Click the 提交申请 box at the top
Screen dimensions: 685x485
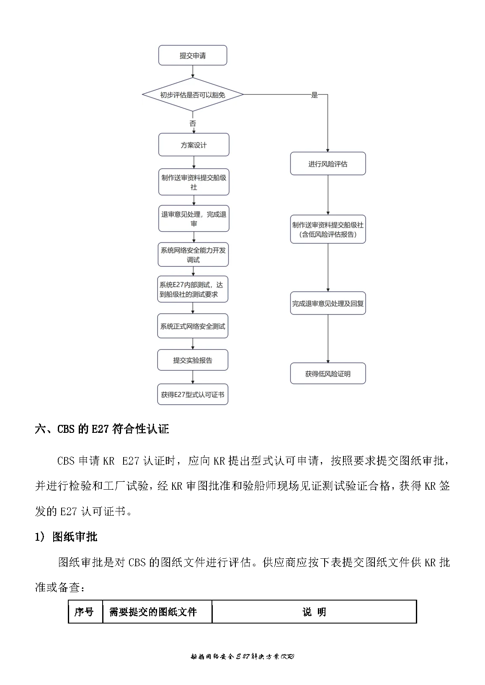point(193,55)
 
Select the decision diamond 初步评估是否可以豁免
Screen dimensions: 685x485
point(193,95)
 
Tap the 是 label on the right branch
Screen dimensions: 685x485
point(315,95)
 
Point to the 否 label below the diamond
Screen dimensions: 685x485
point(193,123)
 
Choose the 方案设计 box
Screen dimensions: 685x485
point(193,145)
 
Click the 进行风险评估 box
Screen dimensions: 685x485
point(328,164)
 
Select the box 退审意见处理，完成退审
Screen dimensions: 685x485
point(193,219)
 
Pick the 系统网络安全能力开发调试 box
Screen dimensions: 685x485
point(193,255)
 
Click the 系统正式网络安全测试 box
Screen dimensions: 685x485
point(193,326)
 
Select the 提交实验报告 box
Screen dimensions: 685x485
point(193,360)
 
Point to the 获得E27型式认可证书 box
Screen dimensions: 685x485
point(193,394)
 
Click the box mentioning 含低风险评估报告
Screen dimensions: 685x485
point(328,230)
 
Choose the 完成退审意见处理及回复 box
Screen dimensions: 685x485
point(328,303)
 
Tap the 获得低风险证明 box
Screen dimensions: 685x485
point(328,373)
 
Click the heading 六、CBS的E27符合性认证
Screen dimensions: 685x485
point(102,429)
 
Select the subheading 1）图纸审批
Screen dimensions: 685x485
point(66,537)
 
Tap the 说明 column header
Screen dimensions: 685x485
point(314,612)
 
